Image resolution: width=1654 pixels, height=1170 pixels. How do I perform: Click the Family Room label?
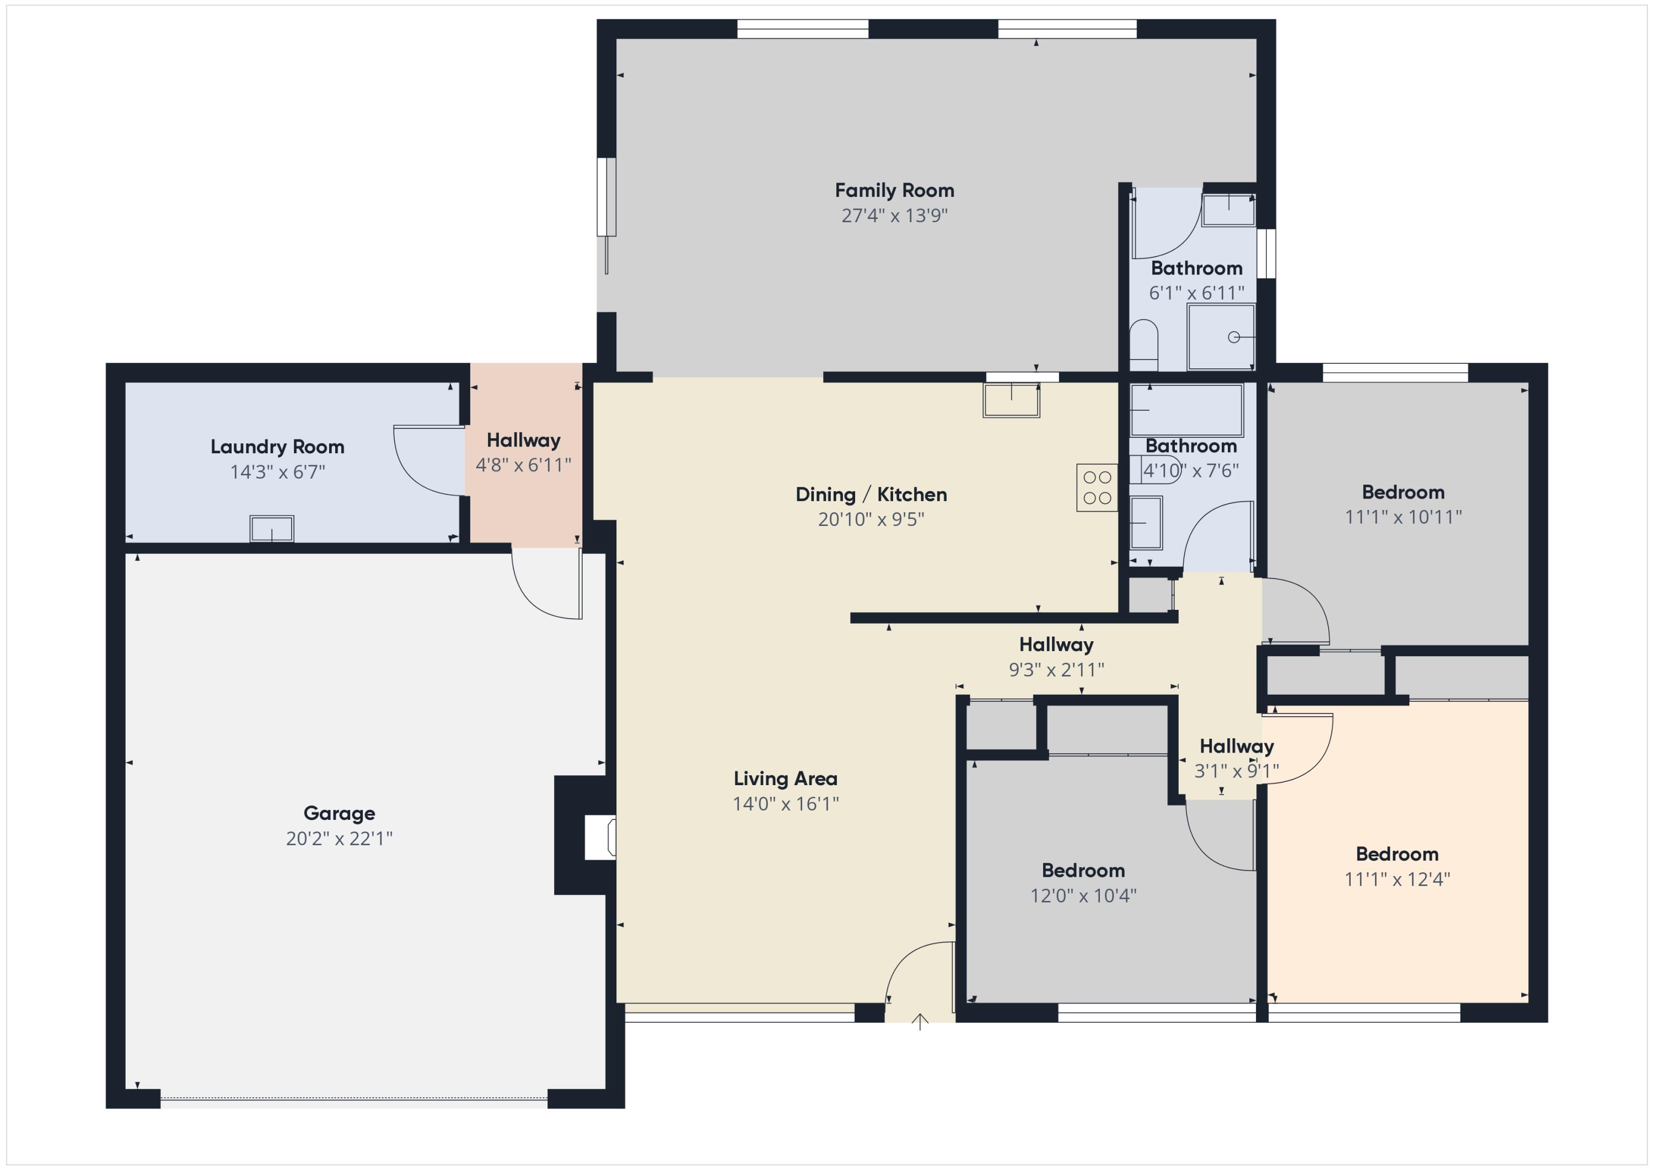(894, 191)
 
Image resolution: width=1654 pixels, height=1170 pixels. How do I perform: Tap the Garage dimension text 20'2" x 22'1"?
(339, 838)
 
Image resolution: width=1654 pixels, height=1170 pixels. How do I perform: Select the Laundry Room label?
(277, 447)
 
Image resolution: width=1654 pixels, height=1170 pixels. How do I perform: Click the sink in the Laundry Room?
(272, 528)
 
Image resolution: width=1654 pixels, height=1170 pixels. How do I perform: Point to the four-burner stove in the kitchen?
(1097, 488)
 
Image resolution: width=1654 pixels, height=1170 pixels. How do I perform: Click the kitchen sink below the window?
(1011, 400)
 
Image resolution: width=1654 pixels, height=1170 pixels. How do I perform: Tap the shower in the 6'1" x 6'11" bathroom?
(1221, 337)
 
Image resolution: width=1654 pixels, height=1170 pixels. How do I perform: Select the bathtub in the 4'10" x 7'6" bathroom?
(1186, 410)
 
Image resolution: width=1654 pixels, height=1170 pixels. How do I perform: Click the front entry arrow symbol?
(920, 1021)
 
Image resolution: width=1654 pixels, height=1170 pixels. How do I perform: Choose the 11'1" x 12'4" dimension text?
(1398, 879)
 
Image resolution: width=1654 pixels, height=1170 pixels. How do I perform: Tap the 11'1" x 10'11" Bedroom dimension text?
(1403, 517)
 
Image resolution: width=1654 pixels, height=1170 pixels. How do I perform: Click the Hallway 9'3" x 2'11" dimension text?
(1056, 669)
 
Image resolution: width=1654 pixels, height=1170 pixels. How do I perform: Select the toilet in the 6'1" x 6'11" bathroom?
(1143, 345)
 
